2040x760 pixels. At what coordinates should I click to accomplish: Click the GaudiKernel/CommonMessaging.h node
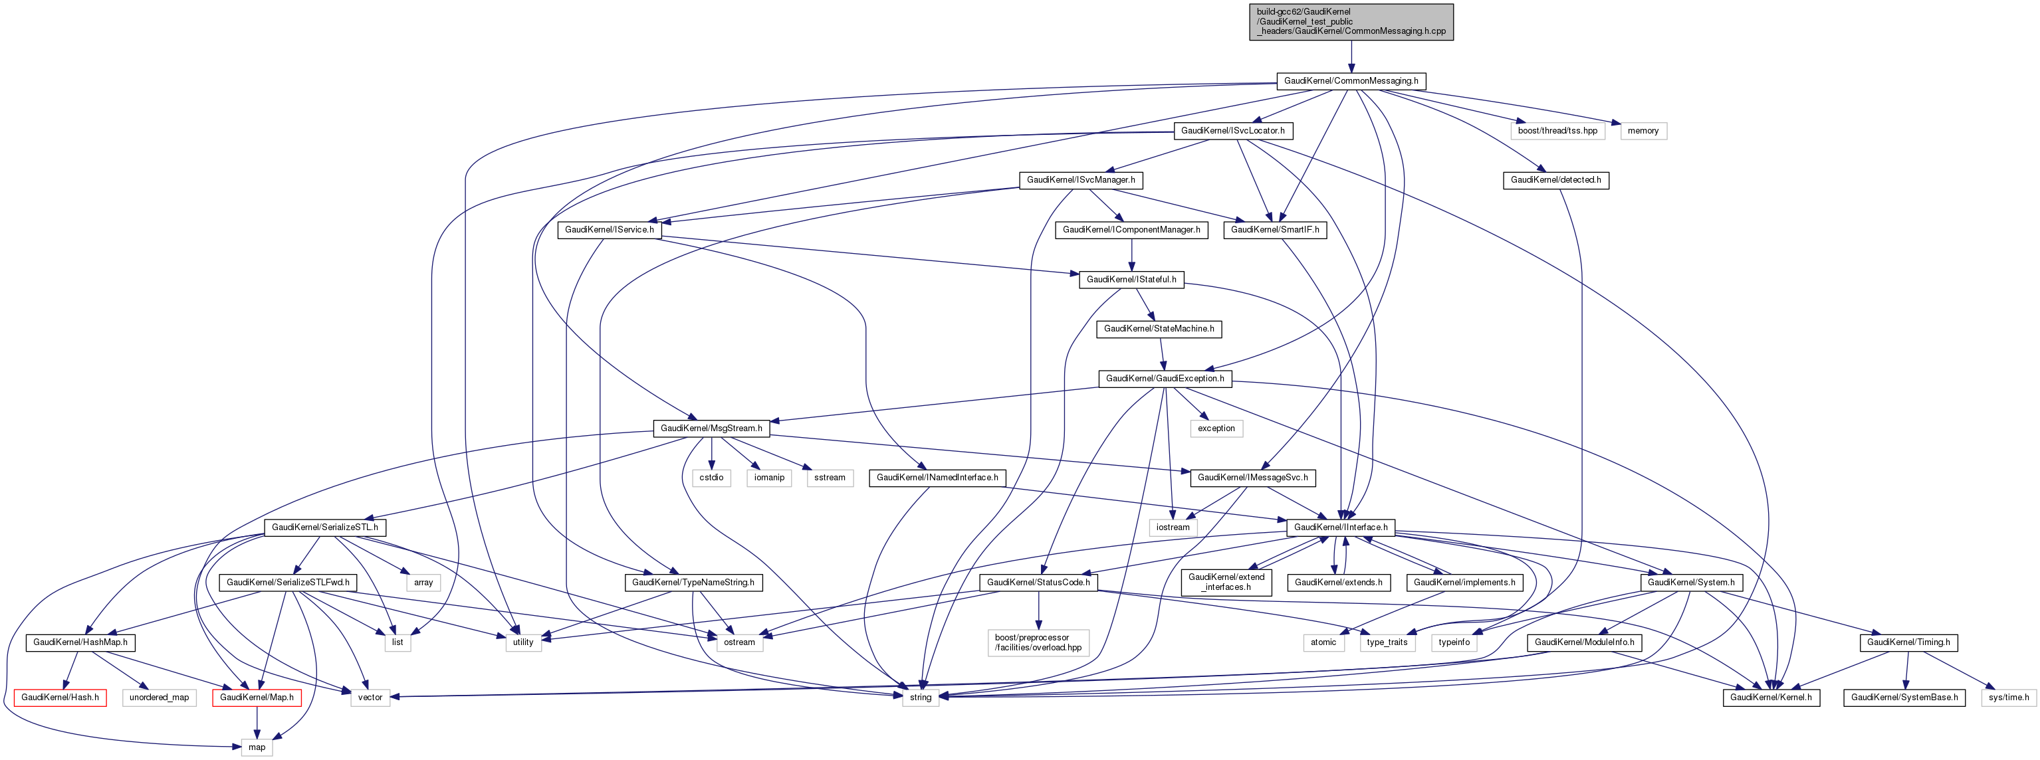pyautogui.click(x=1350, y=81)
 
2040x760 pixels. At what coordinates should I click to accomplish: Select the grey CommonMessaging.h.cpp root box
pyautogui.click(x=1350, y=22)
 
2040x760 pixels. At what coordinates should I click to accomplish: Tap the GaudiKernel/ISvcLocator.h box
pyautogui.click(x=1232, y=131)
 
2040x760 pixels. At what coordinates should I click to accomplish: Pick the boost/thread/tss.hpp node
pyautogui.click(x=1557, y=131)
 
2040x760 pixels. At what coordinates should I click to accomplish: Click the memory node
pyautogui.click(x=1643, y=131)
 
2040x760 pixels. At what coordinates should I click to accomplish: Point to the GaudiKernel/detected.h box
pyautogui.click(x=1555, y=180)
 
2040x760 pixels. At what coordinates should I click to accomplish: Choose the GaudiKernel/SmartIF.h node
pyautogui.click(x=1274, y=230)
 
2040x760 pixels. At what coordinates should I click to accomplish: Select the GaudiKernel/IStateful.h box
pyautogui.click(x=1131, y=280)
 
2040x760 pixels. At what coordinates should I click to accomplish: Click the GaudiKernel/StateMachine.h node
pyautogui.click(x=1159, y=329)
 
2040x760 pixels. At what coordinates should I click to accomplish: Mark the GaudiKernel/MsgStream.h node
pyautogui.click(x=711, y=428)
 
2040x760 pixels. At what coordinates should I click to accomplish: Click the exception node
pyautogui.click(x=1216, y=428)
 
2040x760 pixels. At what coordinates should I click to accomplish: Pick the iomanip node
pyautogui.click(x=769, y=478)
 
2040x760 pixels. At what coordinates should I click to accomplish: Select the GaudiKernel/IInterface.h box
pyautogui.click(x=1340, y=527)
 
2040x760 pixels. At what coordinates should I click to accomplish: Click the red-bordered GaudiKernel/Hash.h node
pyautogui.click(x=60, y=698)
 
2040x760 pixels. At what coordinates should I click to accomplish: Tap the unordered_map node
pyautogui.click(x=159, y=698)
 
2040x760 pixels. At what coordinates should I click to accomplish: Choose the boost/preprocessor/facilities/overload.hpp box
pyautogui.click(x=1038, y=642)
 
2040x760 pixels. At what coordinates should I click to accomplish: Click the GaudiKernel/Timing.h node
pyautogui.click(x=1908, y=642)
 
